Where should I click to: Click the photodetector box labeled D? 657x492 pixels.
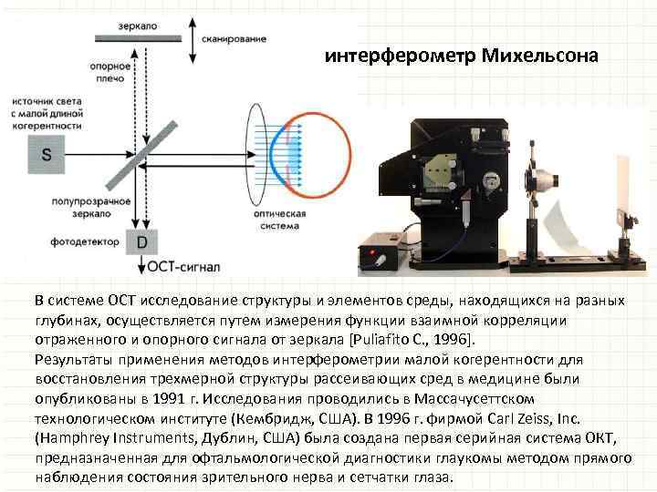[x=141, y=242]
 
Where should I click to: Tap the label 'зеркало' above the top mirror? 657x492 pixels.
[x=137, y=26]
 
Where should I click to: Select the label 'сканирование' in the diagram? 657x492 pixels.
[x=236, y=39]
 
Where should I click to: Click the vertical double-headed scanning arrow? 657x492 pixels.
[x=193, y=42]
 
